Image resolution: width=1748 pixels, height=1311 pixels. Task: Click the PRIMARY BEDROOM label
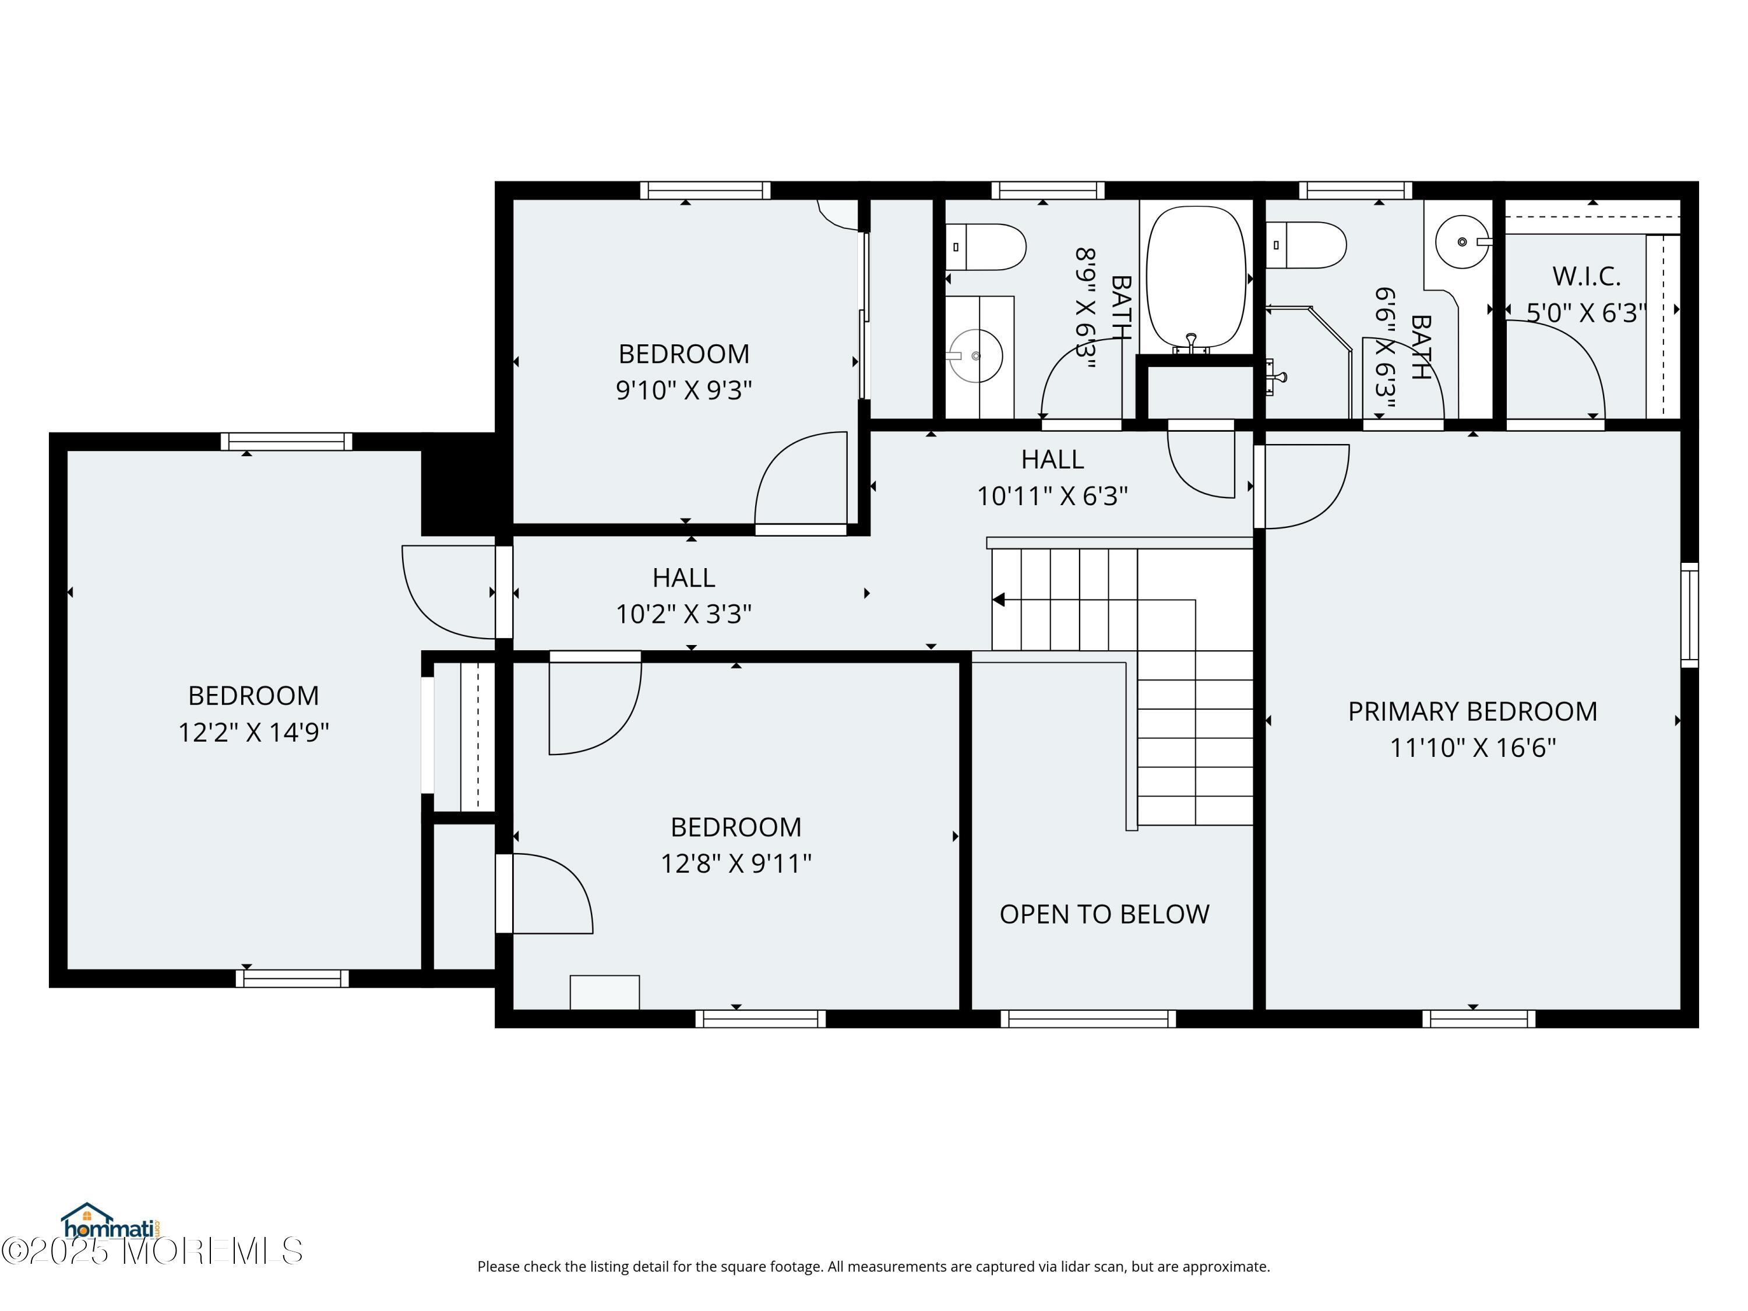pos(1472,711)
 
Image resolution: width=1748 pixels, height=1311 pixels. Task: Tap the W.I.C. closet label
pos(1586,277)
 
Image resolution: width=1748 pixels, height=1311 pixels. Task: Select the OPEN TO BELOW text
pos(1104,914)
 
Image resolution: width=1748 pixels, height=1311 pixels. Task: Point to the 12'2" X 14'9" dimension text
pos(253,732)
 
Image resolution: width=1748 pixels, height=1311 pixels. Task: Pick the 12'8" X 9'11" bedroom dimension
pos(736,864)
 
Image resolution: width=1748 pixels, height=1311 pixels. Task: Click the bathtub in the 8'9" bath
pos(1196,277)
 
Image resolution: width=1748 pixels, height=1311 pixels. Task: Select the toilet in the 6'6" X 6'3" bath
pos(1306,245)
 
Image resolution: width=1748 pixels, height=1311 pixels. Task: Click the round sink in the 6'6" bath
pos(1462,242)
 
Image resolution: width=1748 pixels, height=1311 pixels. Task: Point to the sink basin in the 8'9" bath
pos(976,355)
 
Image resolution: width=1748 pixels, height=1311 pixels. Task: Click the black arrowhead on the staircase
pos(998,600)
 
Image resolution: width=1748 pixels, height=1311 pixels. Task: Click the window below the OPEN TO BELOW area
pos(1088,1019)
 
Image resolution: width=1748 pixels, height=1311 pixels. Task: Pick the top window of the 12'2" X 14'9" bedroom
pos(286,442)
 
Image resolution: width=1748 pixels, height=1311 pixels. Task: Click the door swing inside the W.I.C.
pos(1555,368)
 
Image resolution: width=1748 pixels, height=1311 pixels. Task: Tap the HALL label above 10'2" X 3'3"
pos(683,577)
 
